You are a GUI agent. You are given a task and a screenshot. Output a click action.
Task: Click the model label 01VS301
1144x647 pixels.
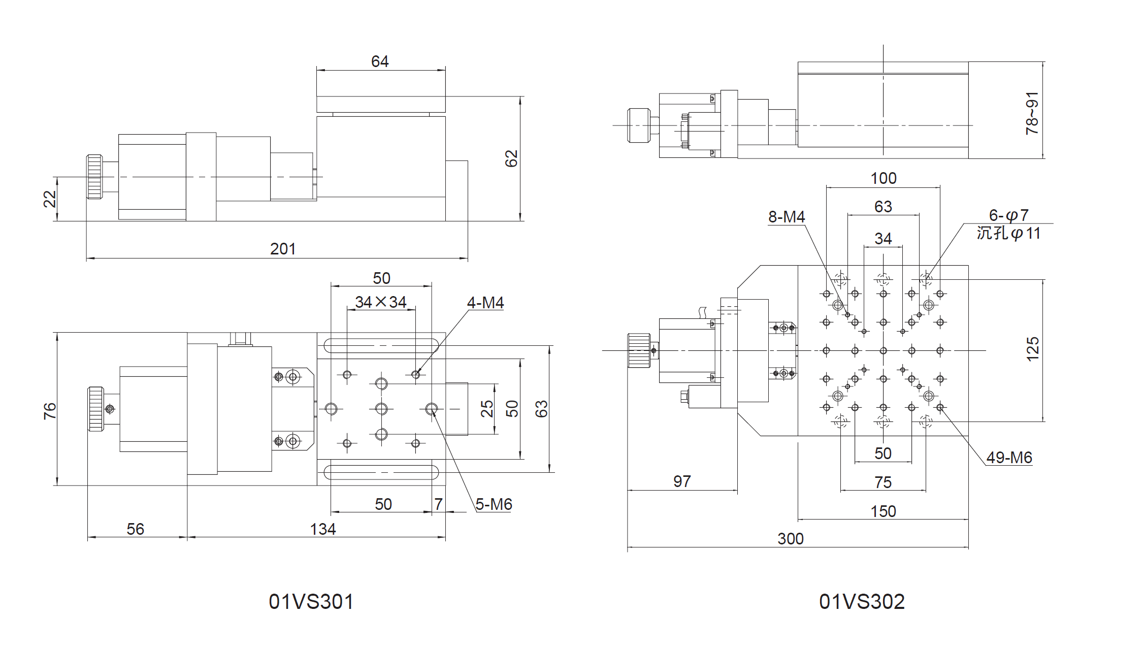tap(311, 602)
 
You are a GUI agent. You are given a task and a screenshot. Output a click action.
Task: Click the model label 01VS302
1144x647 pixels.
tap(862, 602)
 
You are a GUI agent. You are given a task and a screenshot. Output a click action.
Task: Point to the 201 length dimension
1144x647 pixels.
tap(283, 249)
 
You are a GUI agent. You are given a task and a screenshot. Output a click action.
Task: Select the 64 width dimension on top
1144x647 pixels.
tap(380, 61)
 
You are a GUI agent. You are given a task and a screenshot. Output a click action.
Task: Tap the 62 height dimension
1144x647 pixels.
tap(511, 158)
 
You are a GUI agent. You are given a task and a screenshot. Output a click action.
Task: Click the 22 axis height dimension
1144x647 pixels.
tap(50, 199)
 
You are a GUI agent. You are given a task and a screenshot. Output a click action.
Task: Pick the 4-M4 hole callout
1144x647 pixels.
tap(485, 303)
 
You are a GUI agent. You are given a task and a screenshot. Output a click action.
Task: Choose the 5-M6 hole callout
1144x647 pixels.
tap(494, 504)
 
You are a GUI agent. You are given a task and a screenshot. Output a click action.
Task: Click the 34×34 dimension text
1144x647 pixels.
tap(381, 302)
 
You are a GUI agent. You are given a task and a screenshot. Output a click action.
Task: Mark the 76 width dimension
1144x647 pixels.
tap(50, 410)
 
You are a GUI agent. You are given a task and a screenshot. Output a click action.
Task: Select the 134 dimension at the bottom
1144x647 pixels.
tap(323, 529)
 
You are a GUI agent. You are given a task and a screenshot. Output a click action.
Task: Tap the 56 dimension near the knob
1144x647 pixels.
tap(136, 529)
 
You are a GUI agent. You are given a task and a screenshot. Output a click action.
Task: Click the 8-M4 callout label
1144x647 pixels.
tap(787, 217)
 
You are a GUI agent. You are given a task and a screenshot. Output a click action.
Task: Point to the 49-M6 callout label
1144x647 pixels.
tap(1009, 458)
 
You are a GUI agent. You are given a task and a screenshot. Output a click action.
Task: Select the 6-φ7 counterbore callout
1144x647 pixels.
tap(1008, 215)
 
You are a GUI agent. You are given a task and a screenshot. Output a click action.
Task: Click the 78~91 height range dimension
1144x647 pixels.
tap(1032, 113)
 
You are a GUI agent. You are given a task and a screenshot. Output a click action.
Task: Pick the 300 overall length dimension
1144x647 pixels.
tap(791, 539)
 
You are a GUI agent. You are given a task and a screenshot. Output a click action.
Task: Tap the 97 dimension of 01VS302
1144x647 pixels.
tap(682, 481)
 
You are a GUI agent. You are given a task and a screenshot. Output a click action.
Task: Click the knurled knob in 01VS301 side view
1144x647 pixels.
tap(94, 177)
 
